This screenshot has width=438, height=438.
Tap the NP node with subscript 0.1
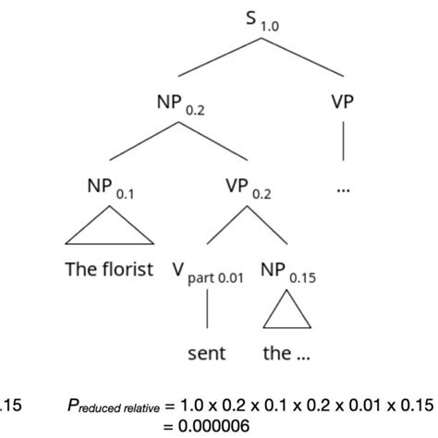click(x=99, y=185)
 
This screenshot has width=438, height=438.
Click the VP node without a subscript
click(x=343, y=102)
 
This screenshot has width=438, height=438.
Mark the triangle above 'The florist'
click(x=99, y=228)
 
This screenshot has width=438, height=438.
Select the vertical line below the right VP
click(x=343, y=142)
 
